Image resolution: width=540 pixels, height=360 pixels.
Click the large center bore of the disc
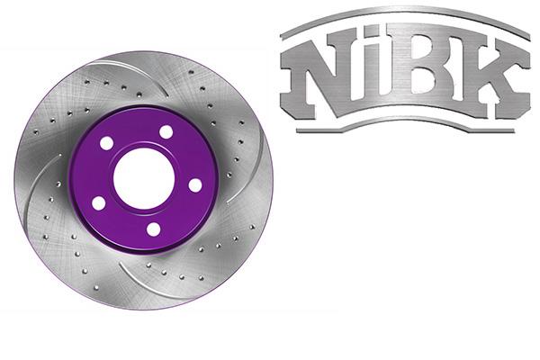click(x=144, y=178)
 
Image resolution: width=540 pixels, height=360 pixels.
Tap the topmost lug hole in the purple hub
click(x=166, y=132)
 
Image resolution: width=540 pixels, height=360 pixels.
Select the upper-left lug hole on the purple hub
click(x=107, y=144)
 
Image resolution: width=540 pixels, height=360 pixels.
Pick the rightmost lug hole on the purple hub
click(x=194, y=184)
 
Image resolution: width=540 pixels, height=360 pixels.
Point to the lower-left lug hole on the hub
click(x=98, y=203)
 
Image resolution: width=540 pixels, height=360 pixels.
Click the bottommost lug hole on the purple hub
click(x=153, y=229)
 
